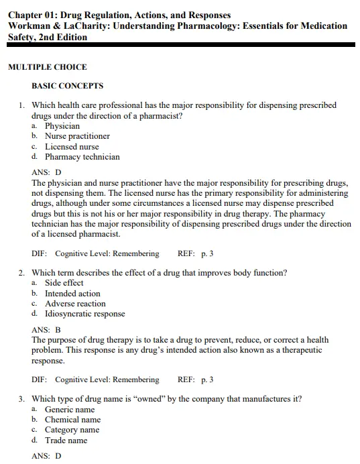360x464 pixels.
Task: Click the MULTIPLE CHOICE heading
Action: [x=47, y=67]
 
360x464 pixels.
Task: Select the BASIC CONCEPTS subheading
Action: [x=67, y=86]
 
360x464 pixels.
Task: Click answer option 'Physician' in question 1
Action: [x=62, y=126]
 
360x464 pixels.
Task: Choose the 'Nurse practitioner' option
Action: [x=77, y=136]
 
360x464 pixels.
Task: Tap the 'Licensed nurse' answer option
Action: [x=72, y=147]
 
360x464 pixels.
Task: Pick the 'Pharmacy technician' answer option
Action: [x=82, y=157]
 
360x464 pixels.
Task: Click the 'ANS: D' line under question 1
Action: [x=46, y=172]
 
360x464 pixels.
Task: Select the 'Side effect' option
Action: [x=64, y=283]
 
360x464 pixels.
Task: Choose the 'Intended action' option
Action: [x=72, y=294]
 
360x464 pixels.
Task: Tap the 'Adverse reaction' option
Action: [x=75, y=304]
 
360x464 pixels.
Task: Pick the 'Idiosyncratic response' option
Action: [x=84, y=314]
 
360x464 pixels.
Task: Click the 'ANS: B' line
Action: [x=46, y=330]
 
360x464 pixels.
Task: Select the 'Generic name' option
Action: [x=70, y=410]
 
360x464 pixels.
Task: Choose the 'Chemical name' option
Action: [x=72, y=420]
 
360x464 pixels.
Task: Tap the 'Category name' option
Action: [x=72, y=430]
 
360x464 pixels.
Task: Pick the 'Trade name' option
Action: [x=66, y=441]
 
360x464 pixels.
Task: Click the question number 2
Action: [x=21, y=273]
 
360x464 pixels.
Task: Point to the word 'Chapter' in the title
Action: [x=26, y=15]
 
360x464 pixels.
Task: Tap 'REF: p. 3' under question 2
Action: [x=195, y=380]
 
